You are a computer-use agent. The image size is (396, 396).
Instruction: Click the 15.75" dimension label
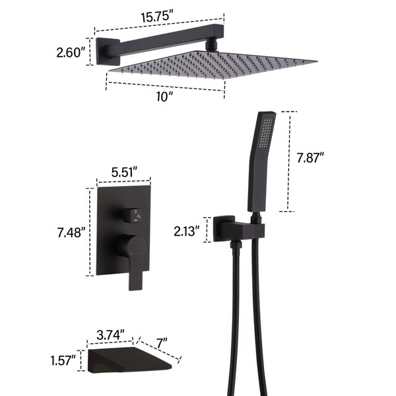coord(157,17)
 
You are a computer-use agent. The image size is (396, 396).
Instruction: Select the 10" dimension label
coord(164,96)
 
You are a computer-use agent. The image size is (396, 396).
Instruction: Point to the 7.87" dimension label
coord(310,158)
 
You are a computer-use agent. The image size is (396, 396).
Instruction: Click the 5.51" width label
coord(124,172)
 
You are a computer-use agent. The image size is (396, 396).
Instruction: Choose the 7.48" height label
coord(71,232)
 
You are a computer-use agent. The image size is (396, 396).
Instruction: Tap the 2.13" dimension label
coord(186,232)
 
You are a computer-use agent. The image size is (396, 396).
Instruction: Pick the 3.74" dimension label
coord(110,335)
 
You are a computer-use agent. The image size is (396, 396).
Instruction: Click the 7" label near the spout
coord(162,343)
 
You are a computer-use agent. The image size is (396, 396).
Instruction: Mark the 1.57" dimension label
coord(63,360)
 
